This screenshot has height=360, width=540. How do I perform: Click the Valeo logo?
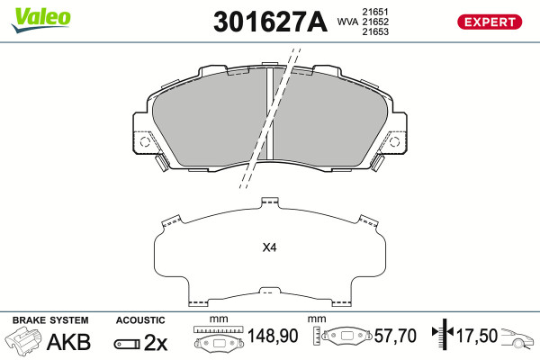pos(40,20)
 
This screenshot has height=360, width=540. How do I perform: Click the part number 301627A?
pos(270,22)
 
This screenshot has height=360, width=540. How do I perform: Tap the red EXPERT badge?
pos(490,22)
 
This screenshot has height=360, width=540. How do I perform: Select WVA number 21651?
pos(375,12)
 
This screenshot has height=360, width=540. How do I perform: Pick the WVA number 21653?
pos(375,31)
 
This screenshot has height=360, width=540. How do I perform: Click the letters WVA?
pos(347,22)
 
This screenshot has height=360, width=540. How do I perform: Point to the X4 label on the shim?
pos(269,247)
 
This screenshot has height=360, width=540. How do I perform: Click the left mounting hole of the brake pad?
pos(145,141)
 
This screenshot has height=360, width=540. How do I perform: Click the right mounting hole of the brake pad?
pos(394,141)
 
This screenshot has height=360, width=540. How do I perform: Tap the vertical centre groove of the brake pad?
pos(270,113)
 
